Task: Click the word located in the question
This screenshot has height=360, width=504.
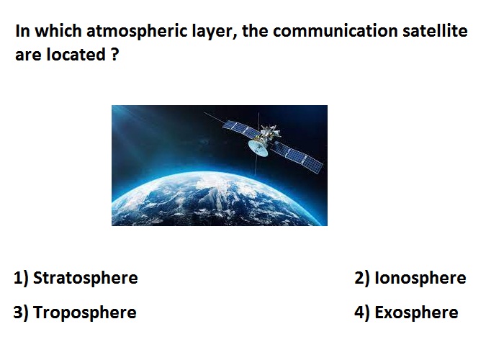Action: pyautogui.click(x=76, y=54)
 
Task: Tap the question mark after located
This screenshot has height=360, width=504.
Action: pyautogui.click(x=114, y=54)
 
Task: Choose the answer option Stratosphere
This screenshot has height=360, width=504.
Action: pyautogui.click(x=86, y=278)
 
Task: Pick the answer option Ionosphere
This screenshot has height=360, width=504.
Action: pyautogui.click(x=420, y=278)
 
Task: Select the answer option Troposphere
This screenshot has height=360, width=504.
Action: pyautogui.click(x=85, y=312)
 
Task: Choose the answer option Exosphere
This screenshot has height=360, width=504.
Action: pyautogui.click(x=416, y=312)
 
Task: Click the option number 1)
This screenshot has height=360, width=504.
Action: pyautogui.click(x=21, y=278)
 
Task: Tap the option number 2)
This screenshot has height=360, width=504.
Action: pyautogui.click(x=362, y=278)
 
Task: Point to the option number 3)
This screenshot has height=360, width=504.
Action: pyautogui.click(x=21, y=312)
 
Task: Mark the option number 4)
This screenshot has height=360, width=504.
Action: pyautogui.click(x=362, y=312)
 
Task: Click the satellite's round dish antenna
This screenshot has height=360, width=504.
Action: pyautogui.click(x=258, y=148)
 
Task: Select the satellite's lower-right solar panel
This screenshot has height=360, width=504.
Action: pyautogui.click(x=297, y=157)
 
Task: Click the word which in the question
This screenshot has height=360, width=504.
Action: pyautogui.click(x=58, y=31)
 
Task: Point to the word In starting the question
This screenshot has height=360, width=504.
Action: pyautogui.click(x=22, y=31)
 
